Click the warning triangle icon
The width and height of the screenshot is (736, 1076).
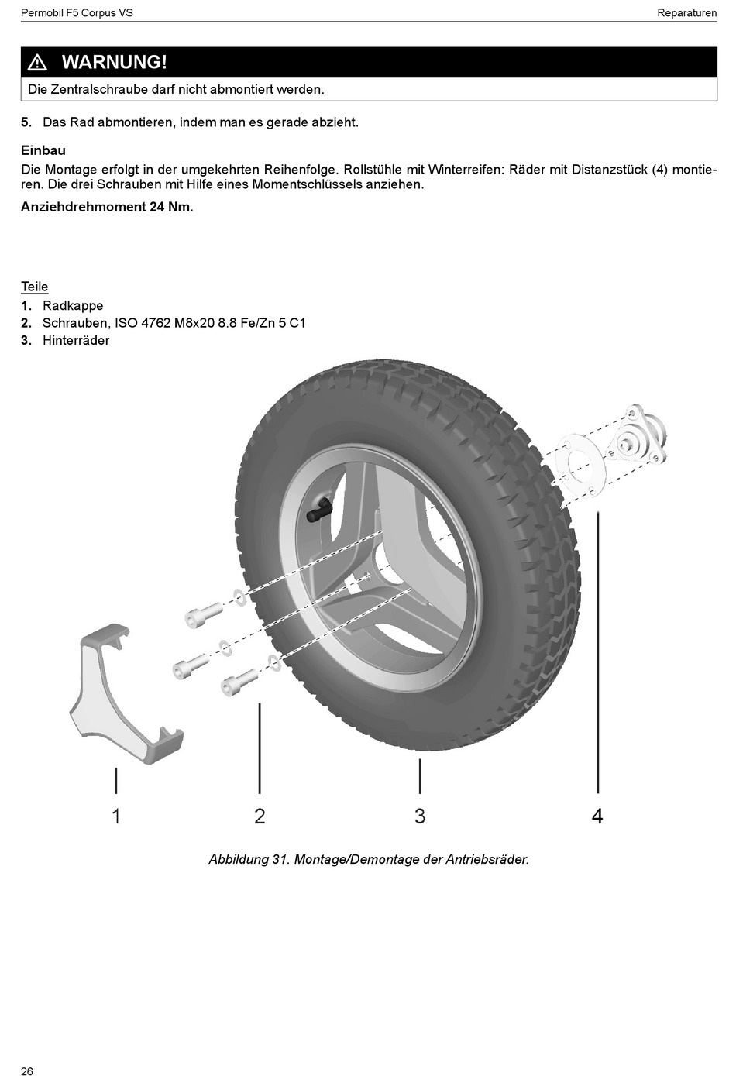37,63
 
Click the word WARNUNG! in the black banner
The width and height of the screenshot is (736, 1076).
114,62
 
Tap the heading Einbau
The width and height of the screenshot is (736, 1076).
43,150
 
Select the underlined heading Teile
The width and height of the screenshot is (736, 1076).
35,287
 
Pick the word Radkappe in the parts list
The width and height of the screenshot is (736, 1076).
73,305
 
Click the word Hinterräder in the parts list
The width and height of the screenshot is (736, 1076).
76,340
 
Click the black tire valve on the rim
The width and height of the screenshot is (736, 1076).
320,509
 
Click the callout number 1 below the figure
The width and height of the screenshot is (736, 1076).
116,816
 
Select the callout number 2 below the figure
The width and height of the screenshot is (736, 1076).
260,816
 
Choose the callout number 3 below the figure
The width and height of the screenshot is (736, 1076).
420,816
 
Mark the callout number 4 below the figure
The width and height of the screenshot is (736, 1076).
597,816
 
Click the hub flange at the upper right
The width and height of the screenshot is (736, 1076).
640,438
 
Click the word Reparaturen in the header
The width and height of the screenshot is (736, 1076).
686,12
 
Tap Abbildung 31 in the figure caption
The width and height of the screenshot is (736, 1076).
249,859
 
